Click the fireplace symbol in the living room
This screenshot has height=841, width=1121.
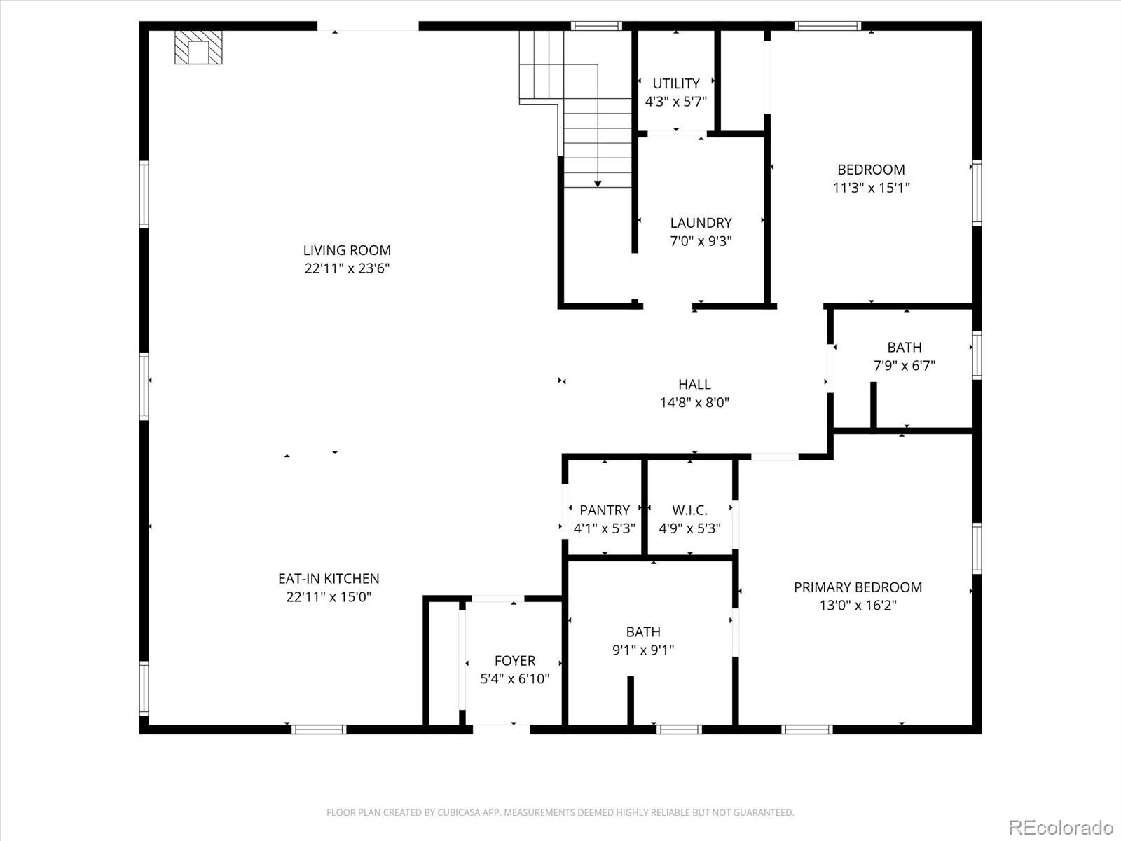198,48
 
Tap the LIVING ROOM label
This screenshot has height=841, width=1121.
347,250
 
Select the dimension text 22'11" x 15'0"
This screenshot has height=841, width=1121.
329,597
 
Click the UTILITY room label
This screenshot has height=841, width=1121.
676,83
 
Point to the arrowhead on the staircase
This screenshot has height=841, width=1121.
598,184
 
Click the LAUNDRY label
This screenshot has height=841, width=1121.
701,223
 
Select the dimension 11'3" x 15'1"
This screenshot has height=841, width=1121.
871,188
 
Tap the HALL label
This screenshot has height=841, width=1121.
694,384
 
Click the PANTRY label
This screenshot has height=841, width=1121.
605,510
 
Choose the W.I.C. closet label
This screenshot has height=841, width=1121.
689,510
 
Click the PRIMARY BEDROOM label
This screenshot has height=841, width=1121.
858,587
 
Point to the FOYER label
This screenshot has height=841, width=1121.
515,661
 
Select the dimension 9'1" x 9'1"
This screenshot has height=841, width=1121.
643,650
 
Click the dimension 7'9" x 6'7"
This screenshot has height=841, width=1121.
904,366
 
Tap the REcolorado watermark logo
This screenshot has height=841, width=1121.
1061,827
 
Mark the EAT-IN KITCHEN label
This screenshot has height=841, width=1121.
329,579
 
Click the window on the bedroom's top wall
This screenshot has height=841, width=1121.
827,27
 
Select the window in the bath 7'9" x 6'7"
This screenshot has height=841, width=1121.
977,355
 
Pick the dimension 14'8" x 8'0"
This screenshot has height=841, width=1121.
694,403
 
